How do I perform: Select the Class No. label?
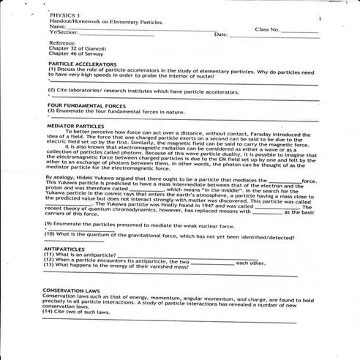267,29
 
